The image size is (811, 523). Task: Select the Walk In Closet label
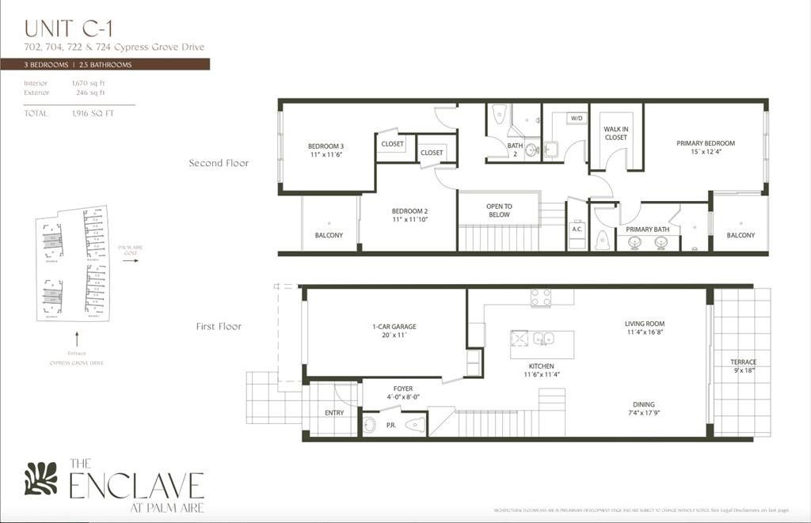pyautogui.click(x=615, y=132)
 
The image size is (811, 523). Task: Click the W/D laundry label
pyautogui.click(x=577, y=119)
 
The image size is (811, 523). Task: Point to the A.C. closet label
pyautogui.click(x=577, y=229)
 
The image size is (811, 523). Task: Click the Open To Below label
pyautogui.click(x=499, y=210)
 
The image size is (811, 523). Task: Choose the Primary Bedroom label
pyautogui.click(x=705, y=148)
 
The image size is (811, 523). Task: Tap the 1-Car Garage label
pyautogui.click(x=394, y=331)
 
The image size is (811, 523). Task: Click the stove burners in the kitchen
pyautogui.click(x=541, y=298)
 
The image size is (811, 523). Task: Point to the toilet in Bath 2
pyautogui.click(x=499, y=116)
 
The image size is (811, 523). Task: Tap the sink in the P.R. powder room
pyautogui.click(x=370, y=425)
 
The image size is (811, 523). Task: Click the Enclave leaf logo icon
pyautogui.click(x=40, y=479)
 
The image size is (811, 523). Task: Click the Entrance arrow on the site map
pyautogui.click(x=76, y=338)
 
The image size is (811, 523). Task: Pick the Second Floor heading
pyautogui.click(x=219, y=163)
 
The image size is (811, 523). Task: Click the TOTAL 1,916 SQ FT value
pyautogui.click(x=93, y=113)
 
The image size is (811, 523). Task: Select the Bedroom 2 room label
pyautogui.click(x=409, y=215)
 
